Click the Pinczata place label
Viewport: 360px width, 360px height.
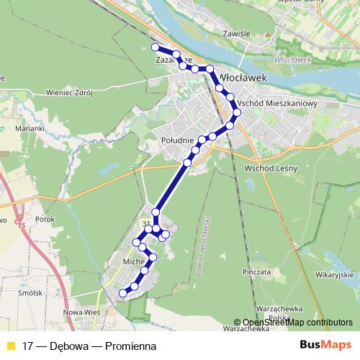click(257, 273)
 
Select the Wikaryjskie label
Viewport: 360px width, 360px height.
click(332, 274)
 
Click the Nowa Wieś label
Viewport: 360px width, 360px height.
click(81, 312)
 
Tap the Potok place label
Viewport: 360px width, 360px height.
click(45, 217)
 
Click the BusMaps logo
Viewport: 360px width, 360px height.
click(326, 345)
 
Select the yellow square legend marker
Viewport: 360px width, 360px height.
click(10, 346)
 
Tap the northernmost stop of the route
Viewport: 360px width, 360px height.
click(155, 47)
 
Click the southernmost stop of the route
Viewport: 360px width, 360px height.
click(123, 293)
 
